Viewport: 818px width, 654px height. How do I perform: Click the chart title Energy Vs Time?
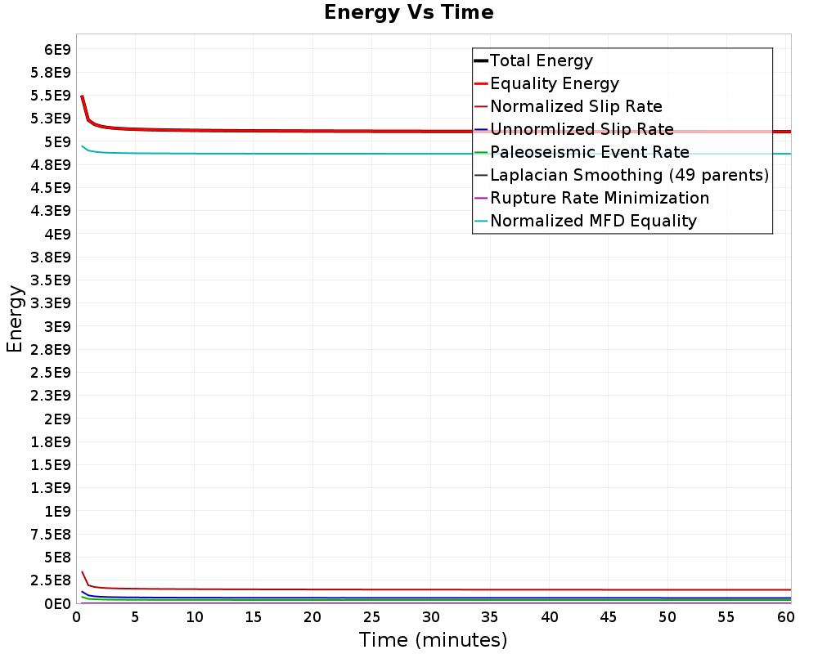[409, 12]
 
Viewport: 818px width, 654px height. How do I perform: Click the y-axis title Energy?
[14, 318]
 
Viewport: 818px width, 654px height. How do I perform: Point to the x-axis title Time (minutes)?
[433, 639]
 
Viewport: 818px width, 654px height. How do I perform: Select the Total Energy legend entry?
[541, 60]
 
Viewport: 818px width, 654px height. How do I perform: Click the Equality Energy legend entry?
[554, 83]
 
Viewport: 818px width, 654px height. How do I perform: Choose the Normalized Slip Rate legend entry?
[576, 106]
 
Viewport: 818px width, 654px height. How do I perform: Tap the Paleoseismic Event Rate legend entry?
[589, 152]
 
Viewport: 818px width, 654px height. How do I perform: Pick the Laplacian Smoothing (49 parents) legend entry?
[629, 175]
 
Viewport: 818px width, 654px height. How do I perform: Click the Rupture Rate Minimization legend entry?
[599, 198]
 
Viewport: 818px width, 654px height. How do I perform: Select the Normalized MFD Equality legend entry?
[593, 221]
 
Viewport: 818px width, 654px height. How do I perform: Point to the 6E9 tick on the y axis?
[56, 49]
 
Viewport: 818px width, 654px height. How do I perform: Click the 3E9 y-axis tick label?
[56, 326]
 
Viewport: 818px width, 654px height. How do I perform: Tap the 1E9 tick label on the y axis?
[56, 511]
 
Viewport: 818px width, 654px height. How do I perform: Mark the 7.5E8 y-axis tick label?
[51, 534]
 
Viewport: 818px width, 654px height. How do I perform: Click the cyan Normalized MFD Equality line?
[327, 154]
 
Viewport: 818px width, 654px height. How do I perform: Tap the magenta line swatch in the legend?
[481, 198]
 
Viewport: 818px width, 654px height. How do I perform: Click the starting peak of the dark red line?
[82, 572]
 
